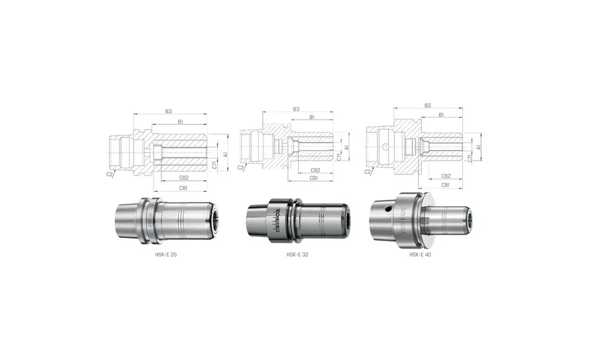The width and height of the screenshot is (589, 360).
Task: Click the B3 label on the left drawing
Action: [x=168, y=111]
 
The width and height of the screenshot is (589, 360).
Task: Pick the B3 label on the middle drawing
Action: [x=296, y=109]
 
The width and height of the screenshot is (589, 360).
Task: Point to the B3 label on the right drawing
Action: [x=428, y=105]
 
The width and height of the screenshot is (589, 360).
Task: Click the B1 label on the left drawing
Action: [x=180, y=121]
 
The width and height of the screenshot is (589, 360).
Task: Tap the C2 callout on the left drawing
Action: [x=110, y=174]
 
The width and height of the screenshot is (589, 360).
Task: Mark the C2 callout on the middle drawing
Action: [x=240, y=169]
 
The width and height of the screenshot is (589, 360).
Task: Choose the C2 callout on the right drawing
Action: [x=368, y=171]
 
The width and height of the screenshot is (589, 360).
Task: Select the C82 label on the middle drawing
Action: [x=315, y=170]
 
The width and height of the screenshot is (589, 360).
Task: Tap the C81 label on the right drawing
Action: [x=445, y=184]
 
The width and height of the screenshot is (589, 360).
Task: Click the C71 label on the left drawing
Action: [x=215, y=166]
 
